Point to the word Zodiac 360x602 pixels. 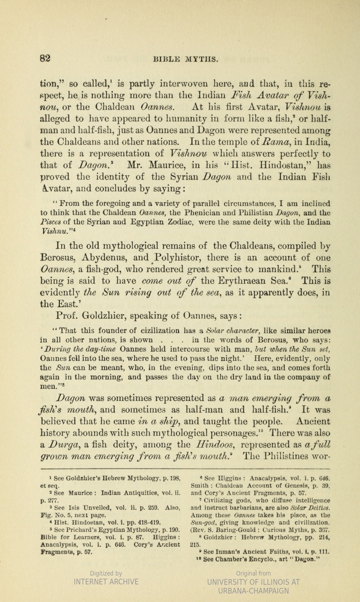tap(181, 222)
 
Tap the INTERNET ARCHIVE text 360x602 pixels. tap(106, 582)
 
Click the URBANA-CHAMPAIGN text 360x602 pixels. tap(253, 591)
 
